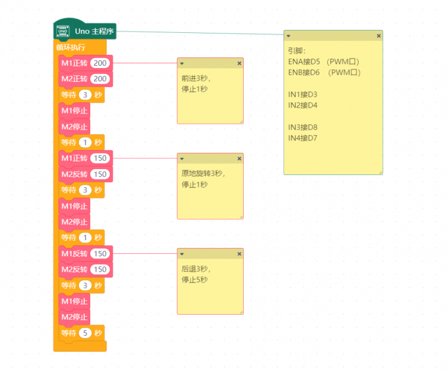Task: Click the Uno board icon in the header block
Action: (63, 31)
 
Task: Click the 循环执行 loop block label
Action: (70, 47)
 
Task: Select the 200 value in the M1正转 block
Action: (100, 63)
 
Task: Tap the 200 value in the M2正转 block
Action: (100, 79)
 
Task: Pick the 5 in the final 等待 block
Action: (85, 333)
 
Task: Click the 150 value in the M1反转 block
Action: (100, 253)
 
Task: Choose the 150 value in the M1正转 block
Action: (100, 158)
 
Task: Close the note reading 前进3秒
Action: (240, 63)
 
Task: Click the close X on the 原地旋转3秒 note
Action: (240, 159)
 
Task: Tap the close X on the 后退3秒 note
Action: (240, 254)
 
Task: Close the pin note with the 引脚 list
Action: (379, 36)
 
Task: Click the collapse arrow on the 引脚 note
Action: (289, 36)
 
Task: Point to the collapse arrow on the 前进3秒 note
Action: (182, 63)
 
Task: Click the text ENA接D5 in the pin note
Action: (304, 62)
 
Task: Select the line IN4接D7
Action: (303, 139)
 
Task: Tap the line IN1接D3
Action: (303, 94)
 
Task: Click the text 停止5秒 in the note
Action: (195, 280)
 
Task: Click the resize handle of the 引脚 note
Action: (381, 172)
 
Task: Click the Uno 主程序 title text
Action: (94, 31)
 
